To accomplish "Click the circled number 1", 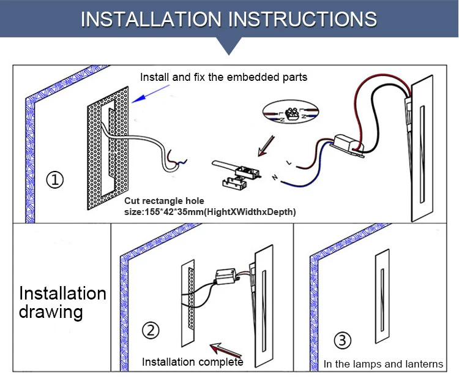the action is point(55,179).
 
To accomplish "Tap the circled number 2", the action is point(151,331).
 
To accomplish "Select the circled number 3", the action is point(343,340).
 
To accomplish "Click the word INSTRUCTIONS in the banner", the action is point(302,20).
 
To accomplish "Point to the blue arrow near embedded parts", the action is point(151,94).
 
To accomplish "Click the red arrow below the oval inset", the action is point(266,146).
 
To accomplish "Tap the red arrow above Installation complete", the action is point(226,350).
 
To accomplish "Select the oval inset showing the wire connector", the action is point(291,111).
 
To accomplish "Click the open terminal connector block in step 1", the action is point(236,176).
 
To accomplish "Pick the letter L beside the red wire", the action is point(289,162).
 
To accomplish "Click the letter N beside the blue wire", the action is point(275,177).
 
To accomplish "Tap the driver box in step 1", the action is point(348,145).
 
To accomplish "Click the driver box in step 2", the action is point(226,276).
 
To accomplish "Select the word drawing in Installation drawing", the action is point(51,312).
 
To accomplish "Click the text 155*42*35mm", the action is point(174,212).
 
